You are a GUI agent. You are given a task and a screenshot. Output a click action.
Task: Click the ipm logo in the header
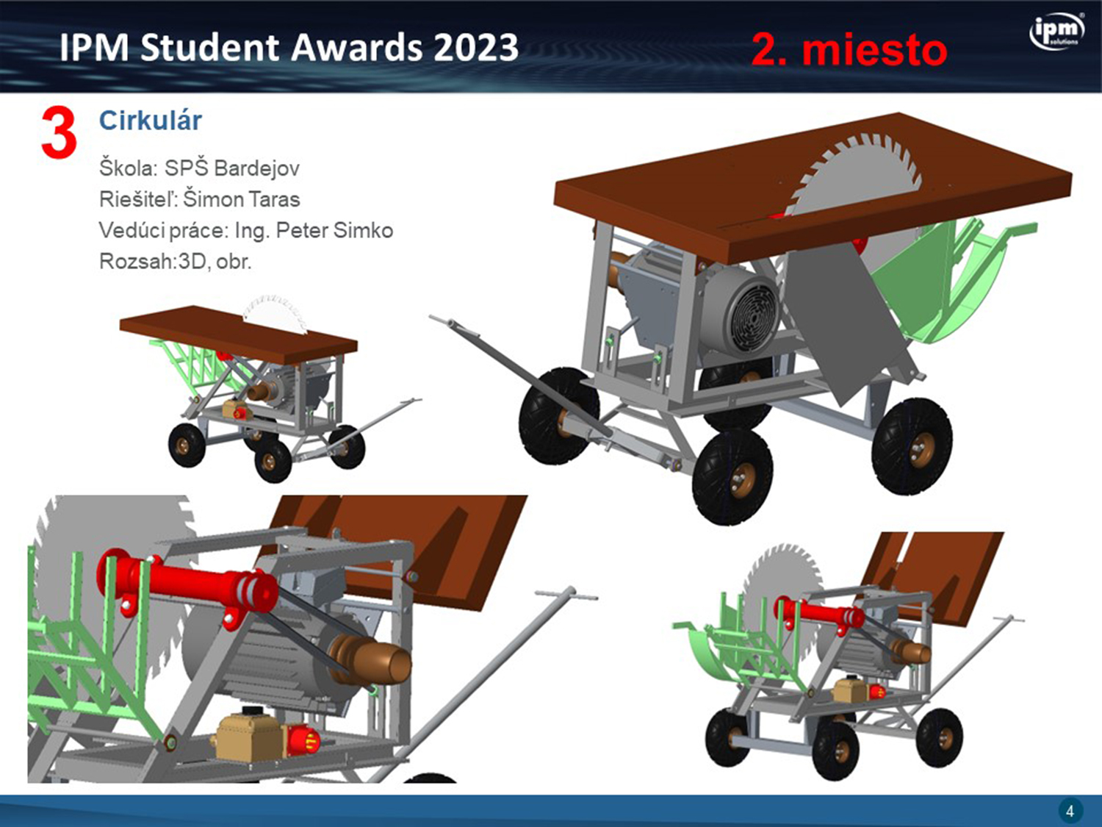pos(1057,32)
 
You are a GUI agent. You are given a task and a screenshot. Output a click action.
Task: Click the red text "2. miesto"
pos(849,50)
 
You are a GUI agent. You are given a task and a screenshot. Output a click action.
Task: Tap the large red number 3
pos(59,133)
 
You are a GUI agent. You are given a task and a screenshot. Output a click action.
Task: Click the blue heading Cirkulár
pos(151,121)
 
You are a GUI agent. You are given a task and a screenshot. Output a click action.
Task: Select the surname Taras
pos(272,199)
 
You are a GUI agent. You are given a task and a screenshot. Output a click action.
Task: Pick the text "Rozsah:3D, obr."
pos(175,261)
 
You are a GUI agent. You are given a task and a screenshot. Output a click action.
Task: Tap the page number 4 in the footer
pos(1070,811)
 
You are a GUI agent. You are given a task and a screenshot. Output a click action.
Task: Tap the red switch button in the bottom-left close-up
pos(303,740)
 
